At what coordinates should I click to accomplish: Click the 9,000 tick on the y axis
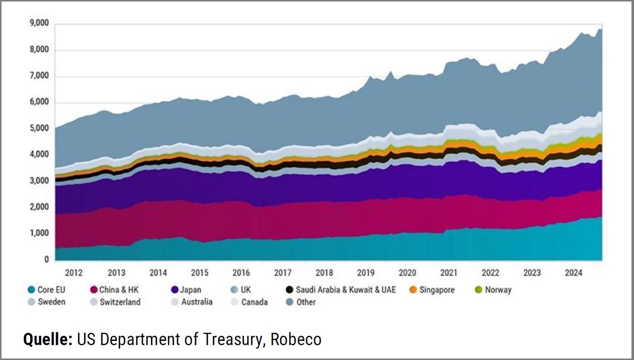coord(39,24)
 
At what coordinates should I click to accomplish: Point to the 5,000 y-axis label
coord(39,129)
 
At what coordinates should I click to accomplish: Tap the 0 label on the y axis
coord(46,260)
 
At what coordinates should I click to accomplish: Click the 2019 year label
coord(366,273)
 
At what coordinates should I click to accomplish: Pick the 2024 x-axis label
coord(574,273)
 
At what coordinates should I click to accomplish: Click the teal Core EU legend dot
coord(31,290)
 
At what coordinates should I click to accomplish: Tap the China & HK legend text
coord(118,290)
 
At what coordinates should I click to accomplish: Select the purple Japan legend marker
coord(175,290)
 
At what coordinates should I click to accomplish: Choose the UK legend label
coord(246,290)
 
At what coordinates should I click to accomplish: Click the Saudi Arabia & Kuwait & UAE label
coord(346,290)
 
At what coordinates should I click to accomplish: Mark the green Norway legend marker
coord(479,290)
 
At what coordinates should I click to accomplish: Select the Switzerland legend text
coord(120,302)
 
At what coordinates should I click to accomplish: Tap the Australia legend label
coord(197,302)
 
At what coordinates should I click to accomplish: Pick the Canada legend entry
coord(254,302)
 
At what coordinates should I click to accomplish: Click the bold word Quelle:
coord(48,339)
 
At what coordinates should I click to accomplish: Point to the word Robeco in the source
coord(296,339)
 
